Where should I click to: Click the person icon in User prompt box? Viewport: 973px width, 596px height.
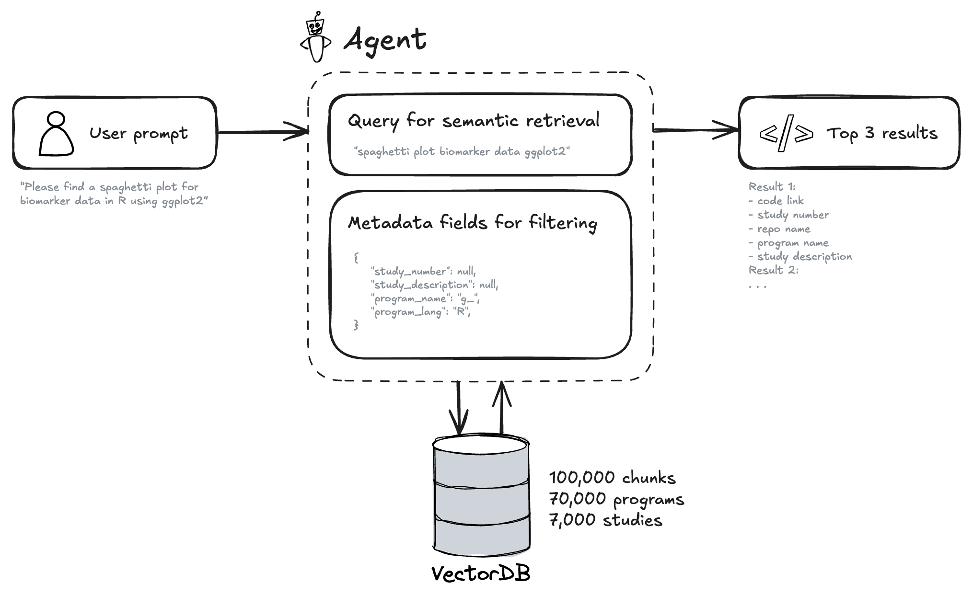pyautogui.click(x=57, y=134)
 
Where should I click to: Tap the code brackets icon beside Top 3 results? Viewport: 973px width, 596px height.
pyautogui.click(x=786, y=133)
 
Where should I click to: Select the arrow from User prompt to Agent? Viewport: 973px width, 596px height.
pyautogui.click(x=263, y=132)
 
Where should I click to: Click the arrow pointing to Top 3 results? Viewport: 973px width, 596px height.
pyautogui.click(x=696, y=129)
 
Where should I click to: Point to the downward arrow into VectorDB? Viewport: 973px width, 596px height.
pyautogui.click(x=459, y=408)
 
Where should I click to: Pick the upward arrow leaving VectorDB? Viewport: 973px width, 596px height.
pyautogui.click(x=501, y=408)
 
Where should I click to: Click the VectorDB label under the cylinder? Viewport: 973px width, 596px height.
pyautogui.click(x=481, y=573)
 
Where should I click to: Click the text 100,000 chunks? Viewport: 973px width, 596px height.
pyautogui.click(x=612, y=478)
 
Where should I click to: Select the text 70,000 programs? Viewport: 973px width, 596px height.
pyautogui.click(x=616, y=499)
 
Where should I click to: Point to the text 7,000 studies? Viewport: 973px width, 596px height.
pyautogui.click(x=606, y=520)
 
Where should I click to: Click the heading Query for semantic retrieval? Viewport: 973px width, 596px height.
pyautogui.click(x=473, y=121)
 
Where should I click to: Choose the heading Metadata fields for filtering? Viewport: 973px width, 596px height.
pyautogui.click(x=472, y=223)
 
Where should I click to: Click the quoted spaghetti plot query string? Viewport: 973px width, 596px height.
pyautogui.click(x=462, y=152)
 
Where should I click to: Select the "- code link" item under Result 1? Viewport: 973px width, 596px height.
pyautogui.click(x=776, y=201)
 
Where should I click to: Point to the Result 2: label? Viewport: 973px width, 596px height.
pyautogui.click(x=773, y=270)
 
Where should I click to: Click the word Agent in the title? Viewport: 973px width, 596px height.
pyautogui.click(x=385, y=39)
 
